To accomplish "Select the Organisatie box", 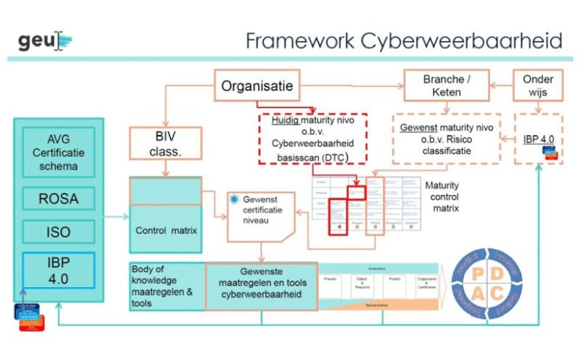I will click(x=257, y=86).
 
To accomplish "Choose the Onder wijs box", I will click(x=538, y=85).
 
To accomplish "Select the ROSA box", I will click(x=59, y=198).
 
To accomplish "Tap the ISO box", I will click(x=59, y=232).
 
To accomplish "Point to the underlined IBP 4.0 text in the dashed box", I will click(x=538, y=140).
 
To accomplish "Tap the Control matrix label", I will click(x=166, y=230).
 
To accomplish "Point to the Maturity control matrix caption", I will click(x=441, y=196).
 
